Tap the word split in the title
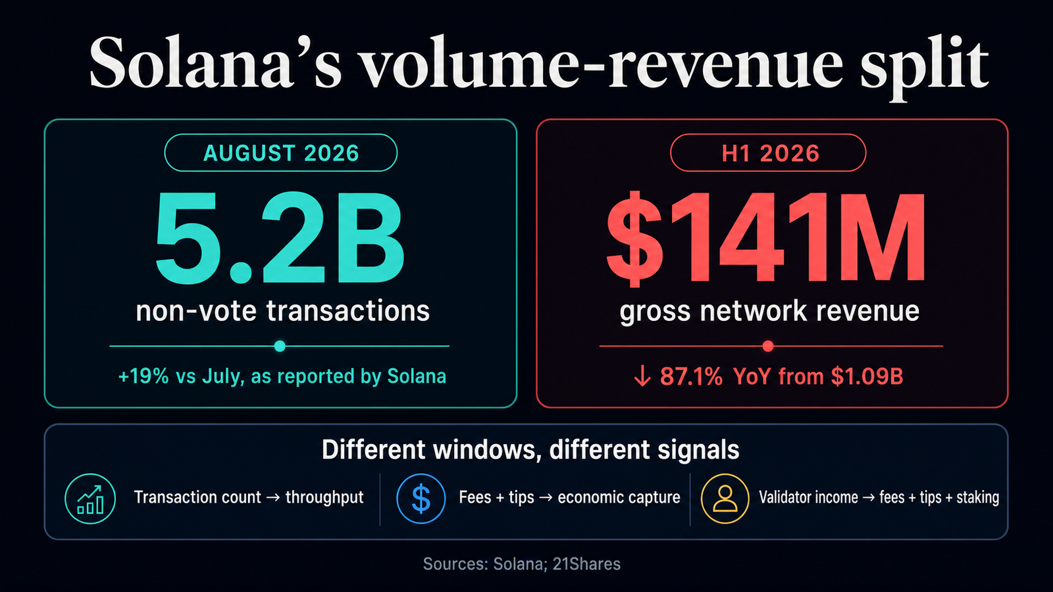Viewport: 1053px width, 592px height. click(x=924, y=68)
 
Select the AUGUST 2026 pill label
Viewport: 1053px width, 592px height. click(x=281, y=153)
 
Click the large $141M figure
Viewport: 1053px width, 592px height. click(x=766, y=239)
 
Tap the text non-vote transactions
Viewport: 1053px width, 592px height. click(x=283, y=311)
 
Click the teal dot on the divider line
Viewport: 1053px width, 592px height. click(x=280, y=346)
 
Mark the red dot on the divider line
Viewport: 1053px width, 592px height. click(x=768, y=346)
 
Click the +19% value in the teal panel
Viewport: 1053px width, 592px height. click(x=143, y=376)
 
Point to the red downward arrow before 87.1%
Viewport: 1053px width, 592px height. click(x=642, y=376)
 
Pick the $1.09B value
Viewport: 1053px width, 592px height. click(x=867, y=376)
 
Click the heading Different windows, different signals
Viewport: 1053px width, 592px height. click(x=530, y=450)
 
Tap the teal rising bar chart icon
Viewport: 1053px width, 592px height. click(x=90, y=499)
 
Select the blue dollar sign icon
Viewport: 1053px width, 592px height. click(x=421, y=499)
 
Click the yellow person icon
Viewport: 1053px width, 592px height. click(x=725, y=499)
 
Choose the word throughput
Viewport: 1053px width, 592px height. click(x=324, y=497)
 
